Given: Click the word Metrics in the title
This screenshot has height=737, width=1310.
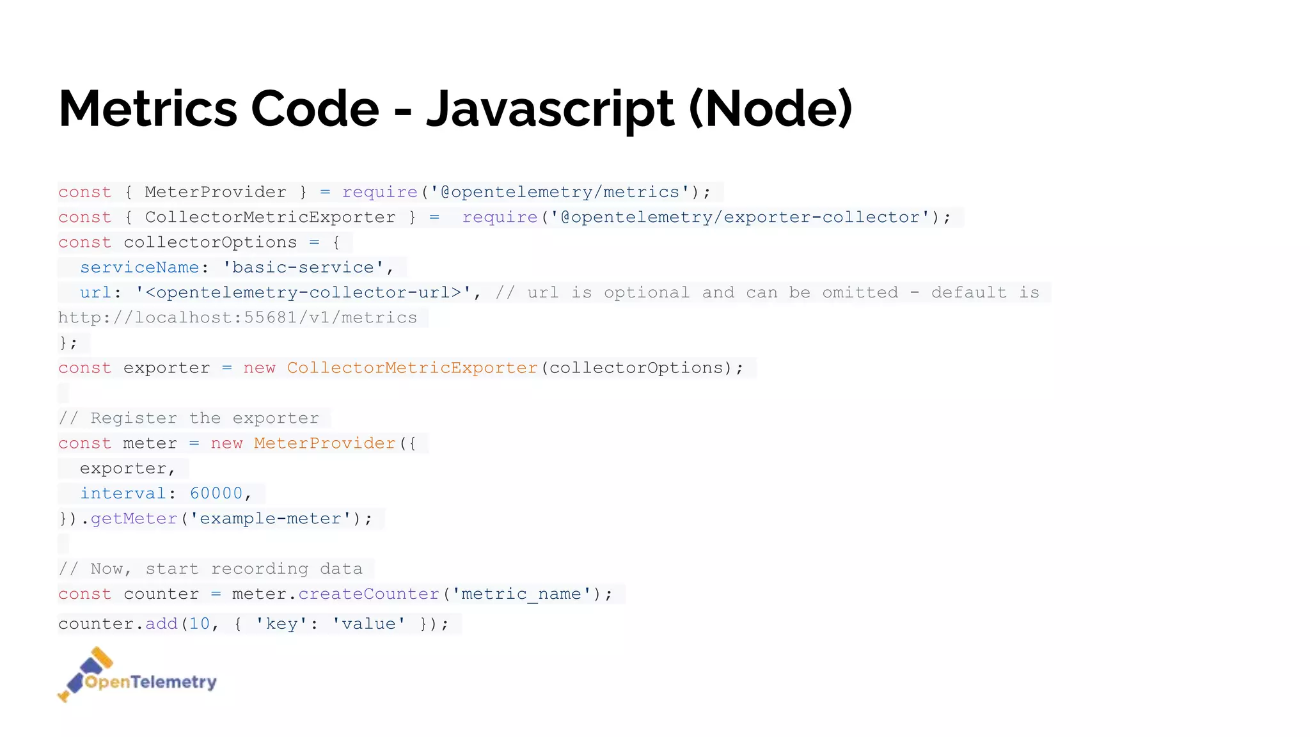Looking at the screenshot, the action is (148, 109).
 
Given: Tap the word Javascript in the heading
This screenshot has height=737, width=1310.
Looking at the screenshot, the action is (549, 109).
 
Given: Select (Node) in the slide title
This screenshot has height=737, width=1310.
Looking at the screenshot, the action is (770, 109).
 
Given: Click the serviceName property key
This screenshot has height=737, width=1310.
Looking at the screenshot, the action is (139, 267).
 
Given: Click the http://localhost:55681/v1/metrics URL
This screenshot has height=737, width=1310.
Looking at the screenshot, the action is (237, 318).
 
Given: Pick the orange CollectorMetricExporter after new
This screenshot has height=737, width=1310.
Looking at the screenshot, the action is (412, 368).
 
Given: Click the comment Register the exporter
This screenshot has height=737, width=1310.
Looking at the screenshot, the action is (189, 418).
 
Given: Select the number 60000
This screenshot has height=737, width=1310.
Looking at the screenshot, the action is (216, 493).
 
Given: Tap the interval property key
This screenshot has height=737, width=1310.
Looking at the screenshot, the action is (123, 493).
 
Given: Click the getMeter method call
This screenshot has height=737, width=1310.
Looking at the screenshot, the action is (134, 519).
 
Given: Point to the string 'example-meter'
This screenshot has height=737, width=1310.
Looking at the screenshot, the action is (271, 519).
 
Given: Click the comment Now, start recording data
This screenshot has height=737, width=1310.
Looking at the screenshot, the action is (210, 569).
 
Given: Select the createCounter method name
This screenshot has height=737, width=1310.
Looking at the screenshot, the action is (368, 594).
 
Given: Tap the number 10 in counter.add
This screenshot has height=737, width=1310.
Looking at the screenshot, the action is (200, 624).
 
